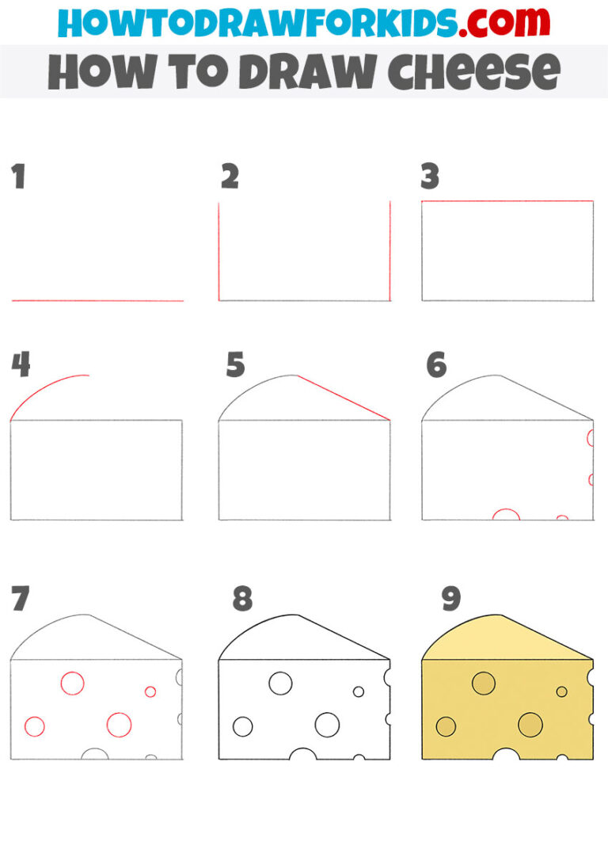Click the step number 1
click(x=18, y=177)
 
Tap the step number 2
click(x=230, y=177)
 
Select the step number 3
click(x=430, y=177)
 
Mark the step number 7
click(x=21, y=599)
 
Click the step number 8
click(x=242, y=599)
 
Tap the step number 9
click(x=451, y=599)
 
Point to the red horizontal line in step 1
click(x=97, y=301)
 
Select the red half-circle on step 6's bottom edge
click(x=506, y=514)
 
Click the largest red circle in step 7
click(x=119, y=724)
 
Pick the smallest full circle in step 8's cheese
click(x=359, y=691)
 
